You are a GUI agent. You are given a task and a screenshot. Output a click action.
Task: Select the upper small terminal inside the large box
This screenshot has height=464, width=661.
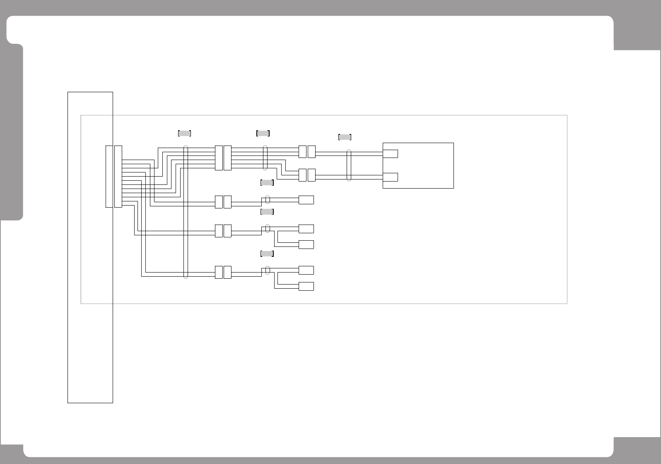391,154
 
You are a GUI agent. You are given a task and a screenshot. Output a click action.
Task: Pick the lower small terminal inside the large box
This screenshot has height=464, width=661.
391,177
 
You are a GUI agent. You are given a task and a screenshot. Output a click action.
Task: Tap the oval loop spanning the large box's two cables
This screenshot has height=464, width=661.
349,165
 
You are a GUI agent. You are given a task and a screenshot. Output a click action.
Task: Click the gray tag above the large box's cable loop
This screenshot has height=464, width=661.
345,137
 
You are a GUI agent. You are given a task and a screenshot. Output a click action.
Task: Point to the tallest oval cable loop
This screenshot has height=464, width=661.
186,212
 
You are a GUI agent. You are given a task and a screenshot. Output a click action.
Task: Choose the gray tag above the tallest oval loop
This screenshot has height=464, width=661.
184,133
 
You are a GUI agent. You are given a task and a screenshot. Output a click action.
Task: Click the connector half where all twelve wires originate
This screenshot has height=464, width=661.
118,176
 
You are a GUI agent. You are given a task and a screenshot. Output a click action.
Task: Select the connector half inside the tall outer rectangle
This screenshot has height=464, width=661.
109,176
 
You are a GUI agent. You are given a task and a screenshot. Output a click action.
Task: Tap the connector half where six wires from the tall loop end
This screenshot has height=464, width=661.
219,158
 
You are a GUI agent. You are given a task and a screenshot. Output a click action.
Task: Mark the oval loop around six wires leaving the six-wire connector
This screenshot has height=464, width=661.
265,158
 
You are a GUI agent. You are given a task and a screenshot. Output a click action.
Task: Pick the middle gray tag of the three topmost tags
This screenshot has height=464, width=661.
263,133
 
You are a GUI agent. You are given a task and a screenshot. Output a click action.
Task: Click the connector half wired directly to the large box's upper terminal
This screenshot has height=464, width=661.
311,152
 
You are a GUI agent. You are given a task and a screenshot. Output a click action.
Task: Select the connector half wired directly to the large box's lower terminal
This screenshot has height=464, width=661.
311,175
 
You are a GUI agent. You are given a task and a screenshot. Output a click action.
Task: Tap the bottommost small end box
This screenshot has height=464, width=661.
306,286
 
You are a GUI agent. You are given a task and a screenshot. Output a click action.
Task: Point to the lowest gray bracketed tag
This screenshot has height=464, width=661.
267,254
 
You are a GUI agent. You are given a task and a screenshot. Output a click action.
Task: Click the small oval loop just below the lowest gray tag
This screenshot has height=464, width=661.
267,270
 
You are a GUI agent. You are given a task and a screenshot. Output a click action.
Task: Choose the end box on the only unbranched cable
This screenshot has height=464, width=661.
306,200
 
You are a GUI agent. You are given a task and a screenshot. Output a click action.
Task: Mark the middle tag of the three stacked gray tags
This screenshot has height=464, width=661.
267,212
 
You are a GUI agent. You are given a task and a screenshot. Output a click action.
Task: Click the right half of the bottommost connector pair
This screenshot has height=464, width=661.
227,272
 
